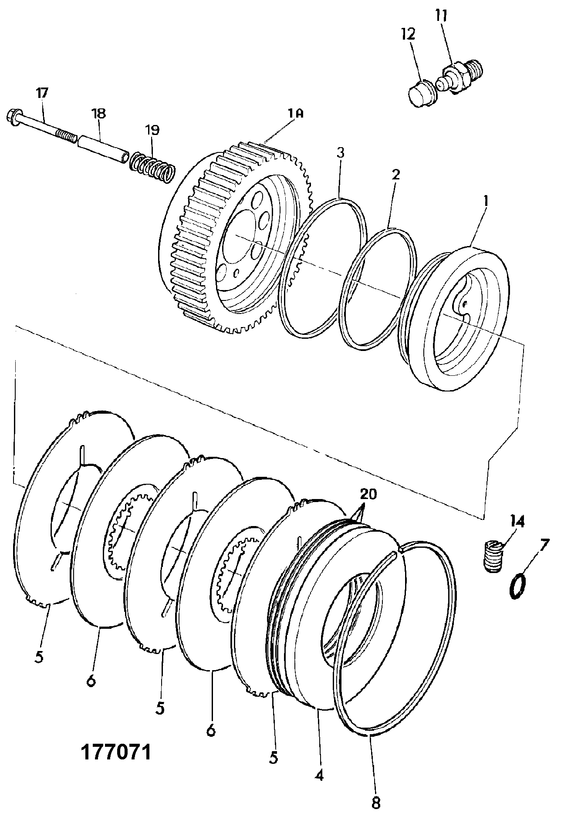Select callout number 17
click(42, 93)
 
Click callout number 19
click(152, 130)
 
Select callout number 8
click(376, 803)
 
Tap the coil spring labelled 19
click(153, 167)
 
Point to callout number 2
click(395, 175)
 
